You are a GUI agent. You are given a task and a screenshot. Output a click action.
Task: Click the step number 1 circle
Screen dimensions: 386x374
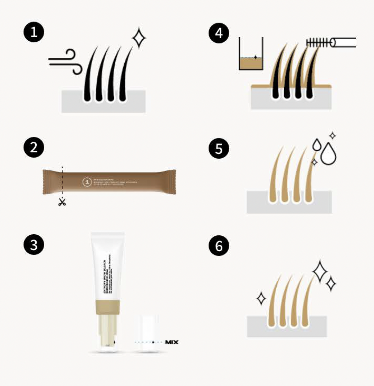(34, 33)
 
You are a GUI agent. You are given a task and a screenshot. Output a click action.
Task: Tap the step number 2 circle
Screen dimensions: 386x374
(34, 148)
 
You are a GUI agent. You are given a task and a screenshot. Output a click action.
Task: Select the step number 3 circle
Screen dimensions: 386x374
(34, 245)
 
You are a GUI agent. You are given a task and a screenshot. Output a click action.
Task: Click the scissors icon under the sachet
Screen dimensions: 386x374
(62, 202)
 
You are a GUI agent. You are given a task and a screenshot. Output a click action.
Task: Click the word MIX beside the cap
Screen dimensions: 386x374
(172, 342)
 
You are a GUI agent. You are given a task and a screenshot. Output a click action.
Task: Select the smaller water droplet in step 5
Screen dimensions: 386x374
(317, 145)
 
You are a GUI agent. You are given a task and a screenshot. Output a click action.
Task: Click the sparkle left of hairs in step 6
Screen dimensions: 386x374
(261, 298)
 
